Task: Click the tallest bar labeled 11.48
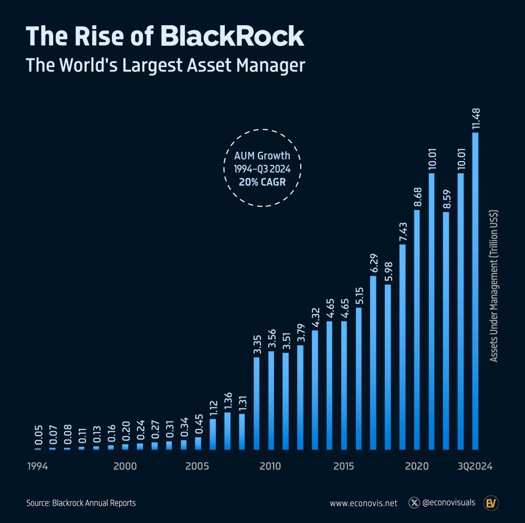[475, 291]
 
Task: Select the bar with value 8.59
[446, 331]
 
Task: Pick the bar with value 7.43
[402, 347]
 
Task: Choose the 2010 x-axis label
[270, 466]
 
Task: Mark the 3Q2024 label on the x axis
[474, 466]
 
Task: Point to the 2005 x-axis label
[197, 466]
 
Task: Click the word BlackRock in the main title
[232, 37]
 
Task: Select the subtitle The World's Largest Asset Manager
[165, 66]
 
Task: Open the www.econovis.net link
[363, 503]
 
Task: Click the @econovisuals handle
[449, 503]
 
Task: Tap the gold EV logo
[491, 503]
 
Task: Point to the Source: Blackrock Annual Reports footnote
[81, 503]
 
